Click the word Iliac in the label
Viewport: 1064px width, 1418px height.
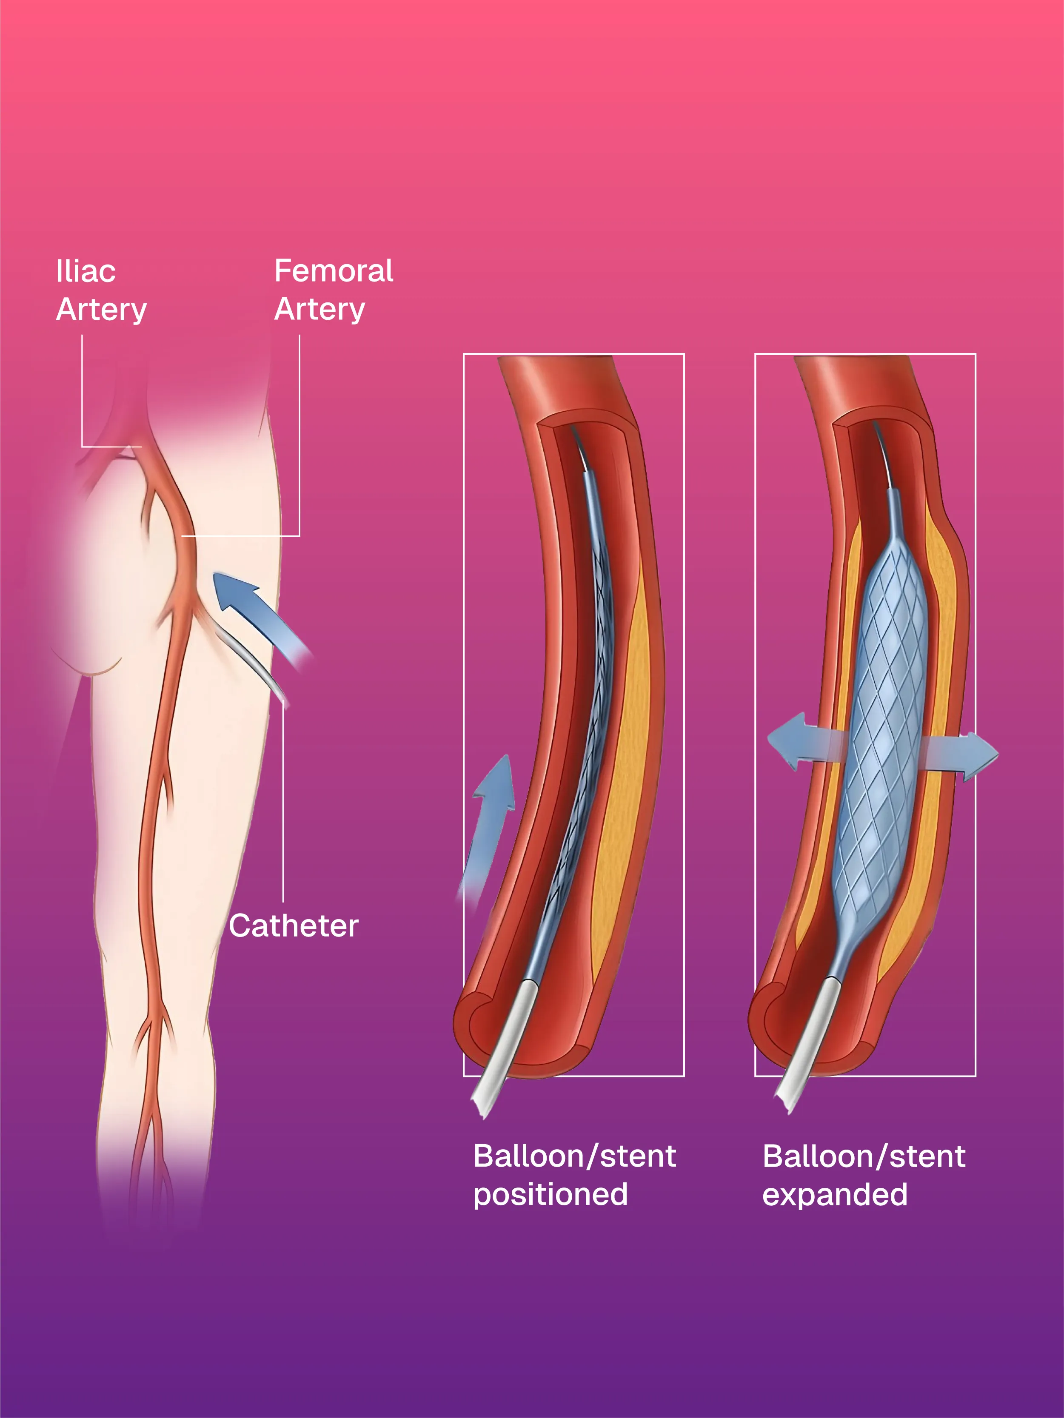point(86,271)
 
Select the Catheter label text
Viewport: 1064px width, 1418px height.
point(294,925)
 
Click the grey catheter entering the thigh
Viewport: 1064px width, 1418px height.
point(253,667)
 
